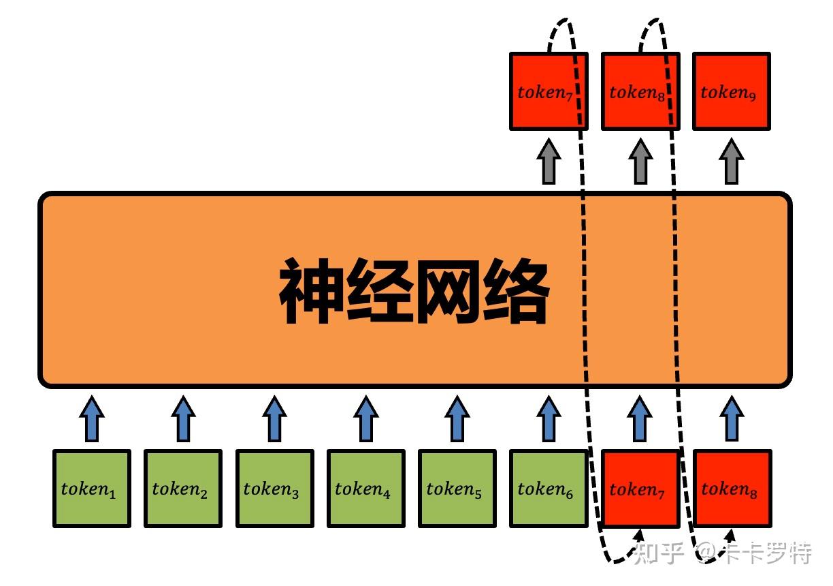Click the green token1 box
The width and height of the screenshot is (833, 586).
[x=92, y=489]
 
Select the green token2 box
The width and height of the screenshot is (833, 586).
[x=182, y=489]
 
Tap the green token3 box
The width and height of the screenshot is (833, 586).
[x=274, y=489]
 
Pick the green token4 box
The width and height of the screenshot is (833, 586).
[x=365, y=489]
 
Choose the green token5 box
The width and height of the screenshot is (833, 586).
[x=457, y=489]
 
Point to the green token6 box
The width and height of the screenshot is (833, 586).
[x=549, y=489]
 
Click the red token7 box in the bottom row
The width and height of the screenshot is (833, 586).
[x=640, y=489]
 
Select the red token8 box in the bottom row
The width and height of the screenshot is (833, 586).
[x=732, y=489]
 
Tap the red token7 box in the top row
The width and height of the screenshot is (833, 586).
[x=549, y=91]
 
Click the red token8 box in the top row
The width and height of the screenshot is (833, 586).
[x=640, y=91]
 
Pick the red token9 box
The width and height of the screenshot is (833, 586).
[x=732, y=91]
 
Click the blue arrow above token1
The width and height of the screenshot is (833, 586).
[x=92, y=418]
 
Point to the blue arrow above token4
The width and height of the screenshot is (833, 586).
[x=365, y=418]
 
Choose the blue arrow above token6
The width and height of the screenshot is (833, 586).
[x=549, y=418]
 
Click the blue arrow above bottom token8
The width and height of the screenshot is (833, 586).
[x=732, y=418]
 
